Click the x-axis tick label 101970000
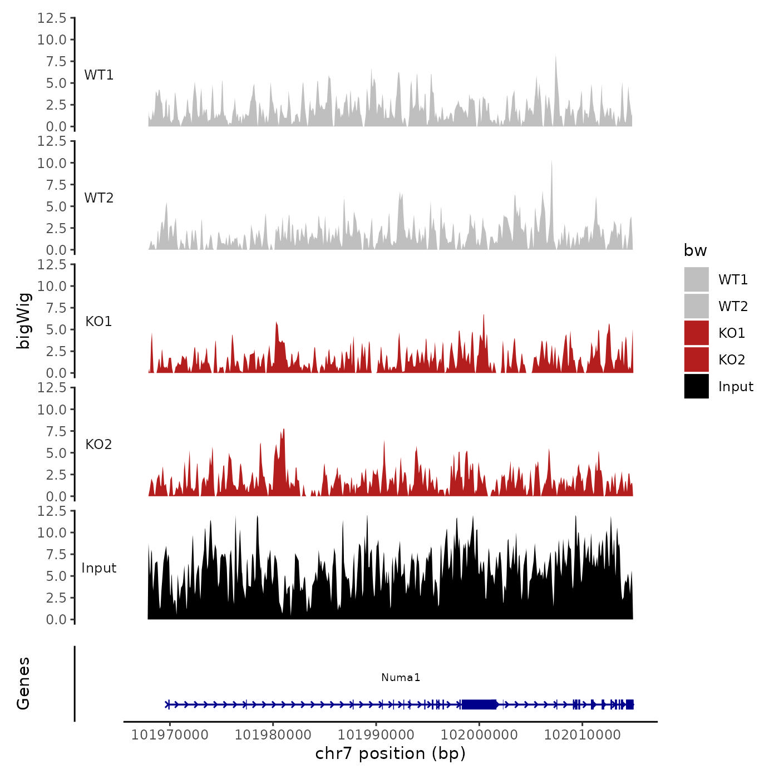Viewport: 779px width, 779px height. [170, 735]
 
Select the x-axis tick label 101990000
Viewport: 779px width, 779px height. [376, 735]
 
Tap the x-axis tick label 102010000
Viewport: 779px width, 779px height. [582, 735]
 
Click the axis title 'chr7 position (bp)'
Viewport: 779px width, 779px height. [390, 754]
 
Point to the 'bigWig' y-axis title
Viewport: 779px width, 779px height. [23, 321]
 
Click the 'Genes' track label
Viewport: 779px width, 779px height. [23, 683]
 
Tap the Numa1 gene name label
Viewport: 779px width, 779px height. [401, 678]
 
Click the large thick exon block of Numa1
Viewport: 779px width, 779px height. [479, 704]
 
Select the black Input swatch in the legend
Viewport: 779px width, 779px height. [696, 386]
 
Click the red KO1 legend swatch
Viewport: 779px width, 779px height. [696, 333]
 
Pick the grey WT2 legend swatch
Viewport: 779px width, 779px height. [696, 306]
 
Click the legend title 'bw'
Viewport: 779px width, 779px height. [695, 251]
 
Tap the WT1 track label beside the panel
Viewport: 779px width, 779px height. [99, 75]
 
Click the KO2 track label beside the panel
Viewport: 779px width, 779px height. [99, 445]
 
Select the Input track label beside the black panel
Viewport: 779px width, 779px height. [99, 568]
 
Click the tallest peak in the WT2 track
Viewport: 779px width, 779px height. [551, 162]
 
